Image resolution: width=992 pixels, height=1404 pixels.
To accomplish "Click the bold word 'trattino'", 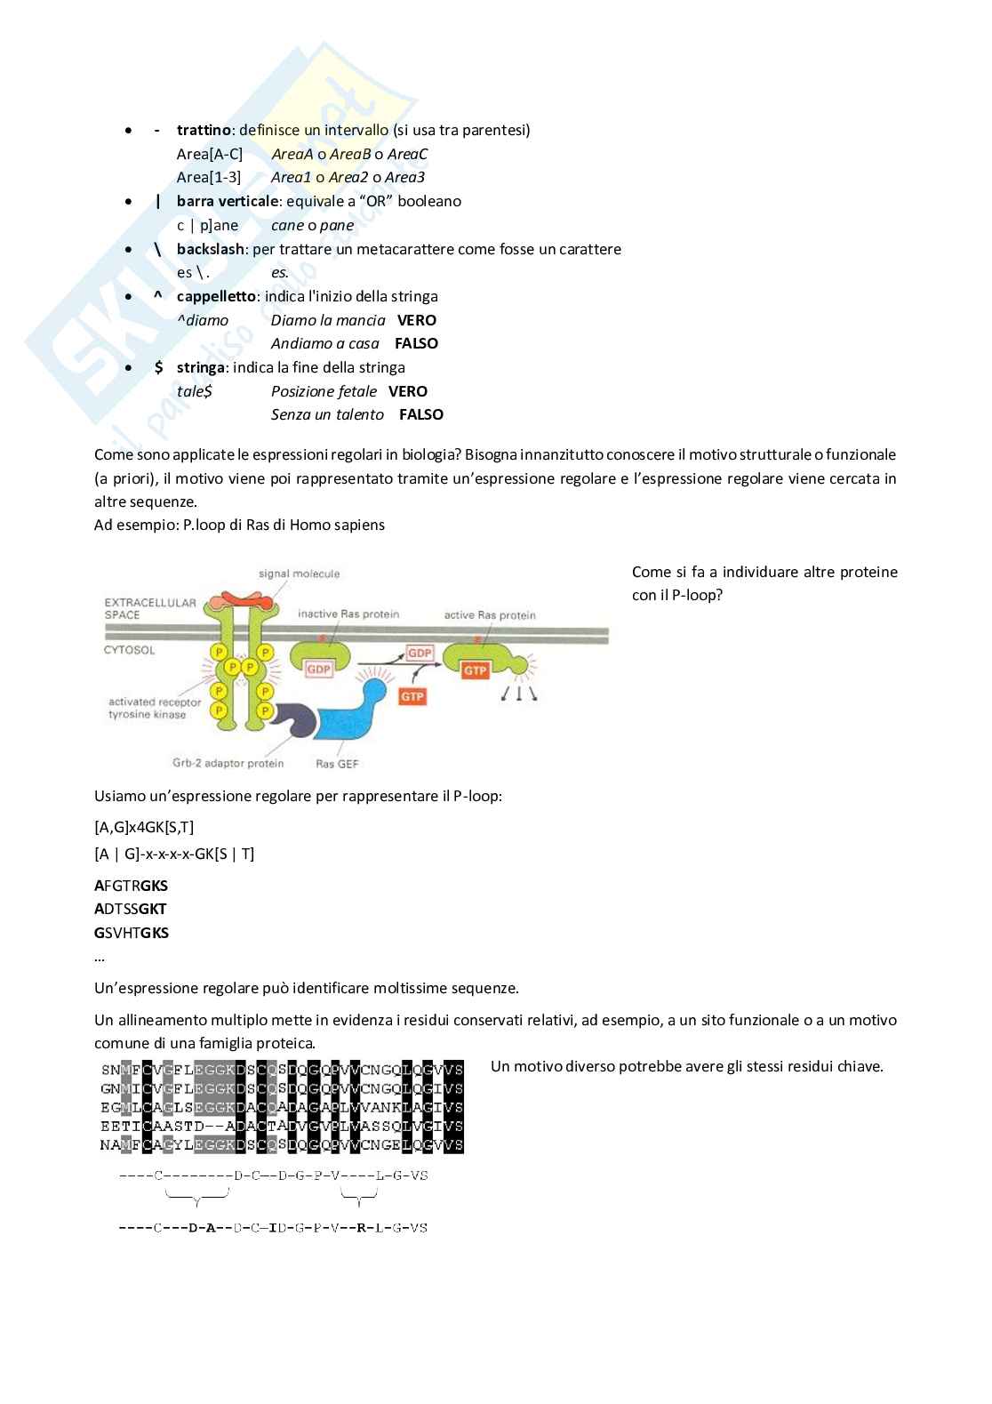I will pyautogui.click(x=204, y=130).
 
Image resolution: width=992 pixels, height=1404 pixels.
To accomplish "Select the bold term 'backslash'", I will pyautogui.click(x=210, y=249).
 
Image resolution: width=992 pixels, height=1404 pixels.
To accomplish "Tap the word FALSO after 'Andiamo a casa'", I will pyautogui.click(x=416, y=343).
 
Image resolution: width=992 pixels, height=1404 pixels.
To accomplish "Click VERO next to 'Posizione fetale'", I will pyautogui.click(x=408, y=391).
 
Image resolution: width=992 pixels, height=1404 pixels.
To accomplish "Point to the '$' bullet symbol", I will pyautogui.click(x=158, y=367).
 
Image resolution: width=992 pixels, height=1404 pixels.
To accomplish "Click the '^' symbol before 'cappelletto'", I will pyautogui.click(x=158, y=296).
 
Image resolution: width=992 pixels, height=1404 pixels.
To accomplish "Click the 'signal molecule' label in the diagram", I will pyautogui.click(x=299, y=574).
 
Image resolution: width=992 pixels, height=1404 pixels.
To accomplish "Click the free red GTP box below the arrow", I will pyautogui.click(x=412, y=696).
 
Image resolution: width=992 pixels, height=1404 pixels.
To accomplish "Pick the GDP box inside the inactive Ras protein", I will pyautogui.click(x=318, y=670).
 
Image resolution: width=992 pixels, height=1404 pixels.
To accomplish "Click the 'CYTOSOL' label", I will pyautogui.click(x=130, y=650).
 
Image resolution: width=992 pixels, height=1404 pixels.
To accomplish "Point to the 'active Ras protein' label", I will pyautogui.click(x=490, y=615).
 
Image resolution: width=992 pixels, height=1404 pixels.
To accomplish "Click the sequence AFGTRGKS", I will pyautogui.click(x=131, y=886).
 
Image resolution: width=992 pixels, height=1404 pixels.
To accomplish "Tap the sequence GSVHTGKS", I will pyautogui.click(x=132, y=933).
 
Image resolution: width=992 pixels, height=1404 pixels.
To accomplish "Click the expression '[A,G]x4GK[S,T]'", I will pyautogui.click(x=144, y=827).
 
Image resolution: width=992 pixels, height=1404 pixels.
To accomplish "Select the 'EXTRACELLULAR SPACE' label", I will pyautogui.click(x=149, y=608).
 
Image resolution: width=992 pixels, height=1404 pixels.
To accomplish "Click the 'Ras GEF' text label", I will pyautogui.click(x=337, y=764).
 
